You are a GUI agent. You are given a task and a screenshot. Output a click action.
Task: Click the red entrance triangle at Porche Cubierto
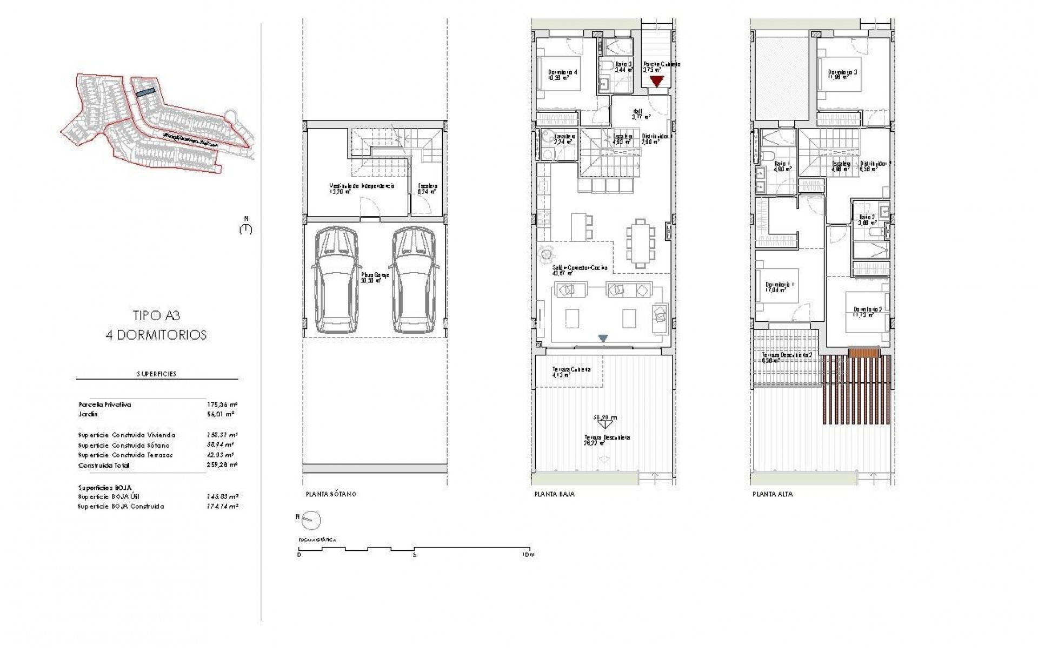pos(656,82)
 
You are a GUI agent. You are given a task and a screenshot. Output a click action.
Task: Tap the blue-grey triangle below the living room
pos(603,338)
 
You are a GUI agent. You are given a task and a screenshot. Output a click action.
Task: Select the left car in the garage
pos(336,280)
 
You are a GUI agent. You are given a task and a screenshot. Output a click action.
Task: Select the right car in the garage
pos(412,280)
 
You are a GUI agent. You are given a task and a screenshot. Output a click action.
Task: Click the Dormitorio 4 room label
pos(563,72)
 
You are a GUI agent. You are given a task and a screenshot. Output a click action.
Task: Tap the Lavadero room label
pos(564,137)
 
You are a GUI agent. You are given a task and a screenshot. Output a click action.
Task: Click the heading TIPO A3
pos(156,315)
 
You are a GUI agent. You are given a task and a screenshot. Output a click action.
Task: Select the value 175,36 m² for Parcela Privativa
pos(222,404)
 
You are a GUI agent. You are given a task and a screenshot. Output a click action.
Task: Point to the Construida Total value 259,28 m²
pos(222,465)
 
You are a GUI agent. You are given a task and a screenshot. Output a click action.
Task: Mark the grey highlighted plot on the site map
pos(145,93)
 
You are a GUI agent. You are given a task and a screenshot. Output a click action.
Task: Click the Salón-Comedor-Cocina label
pos(572,268)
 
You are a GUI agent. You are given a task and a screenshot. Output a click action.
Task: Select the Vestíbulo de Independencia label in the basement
pos(361,186)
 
